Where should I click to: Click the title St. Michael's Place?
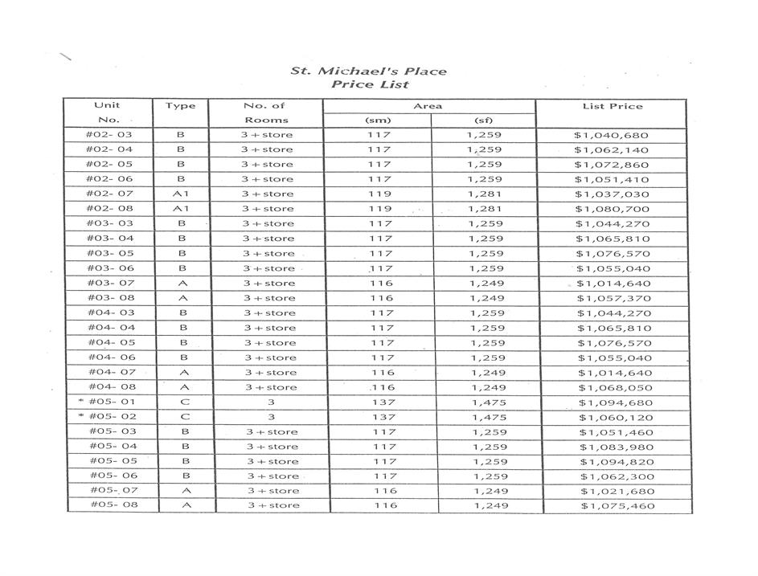[x=369, y=71]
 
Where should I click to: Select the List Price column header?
[x=612, y=106]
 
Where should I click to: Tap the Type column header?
[x=180, y=106]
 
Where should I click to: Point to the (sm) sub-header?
[x=378, y=121]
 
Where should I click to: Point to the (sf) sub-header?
[x=482, y=121]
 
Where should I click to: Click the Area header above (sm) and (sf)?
[x=428, y=106]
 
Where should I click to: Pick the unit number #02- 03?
[x=109, y=135]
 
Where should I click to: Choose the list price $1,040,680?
[x=611, y=135]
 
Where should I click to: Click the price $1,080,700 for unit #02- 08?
[x=612, y=209]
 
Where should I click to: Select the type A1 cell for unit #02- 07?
[x=181, y=194]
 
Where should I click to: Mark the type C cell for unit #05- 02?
[x=184, y=417]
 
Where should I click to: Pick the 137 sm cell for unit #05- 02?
[x=383, y=417]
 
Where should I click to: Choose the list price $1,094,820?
[x=617, y=462]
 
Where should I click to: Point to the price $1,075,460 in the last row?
[x=617, y=506]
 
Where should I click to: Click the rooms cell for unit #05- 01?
[x=271, y=402]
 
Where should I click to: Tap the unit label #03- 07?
[x=110, y=283]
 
